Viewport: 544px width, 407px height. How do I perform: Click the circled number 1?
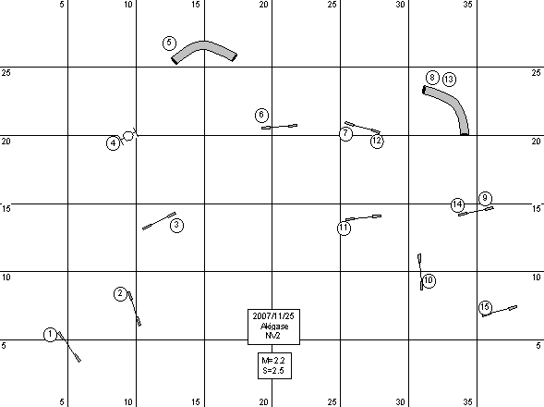pos(50,334)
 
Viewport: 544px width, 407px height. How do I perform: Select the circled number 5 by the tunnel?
pos(169,43)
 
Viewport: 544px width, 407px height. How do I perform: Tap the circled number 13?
pos(449,80)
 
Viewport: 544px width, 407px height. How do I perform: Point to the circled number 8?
pos(432,78)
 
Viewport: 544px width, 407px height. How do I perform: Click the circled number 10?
pos(429,280)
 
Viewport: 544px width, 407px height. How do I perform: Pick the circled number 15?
pos(485,307)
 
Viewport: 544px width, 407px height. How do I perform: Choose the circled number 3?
pos(177,225)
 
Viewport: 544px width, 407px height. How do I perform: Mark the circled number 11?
pos(344,228)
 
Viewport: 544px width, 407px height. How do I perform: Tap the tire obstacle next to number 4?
pos(128,136)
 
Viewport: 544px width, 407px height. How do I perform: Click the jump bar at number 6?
pos(279,127)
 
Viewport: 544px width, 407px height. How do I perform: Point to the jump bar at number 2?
pos(134,309)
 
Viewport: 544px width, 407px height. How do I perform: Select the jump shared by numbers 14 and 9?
pos(476,211)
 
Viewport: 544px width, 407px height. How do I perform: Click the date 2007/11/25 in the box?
pos(273,316)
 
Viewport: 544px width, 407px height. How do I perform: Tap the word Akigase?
pos(274,327)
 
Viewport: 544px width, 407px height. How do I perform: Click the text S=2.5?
pos(273,371)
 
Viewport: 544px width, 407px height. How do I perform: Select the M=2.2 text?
pos(273,361)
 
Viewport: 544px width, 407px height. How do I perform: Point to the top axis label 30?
pos(400,5)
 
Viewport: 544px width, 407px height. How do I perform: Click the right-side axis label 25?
pos(536,73)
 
